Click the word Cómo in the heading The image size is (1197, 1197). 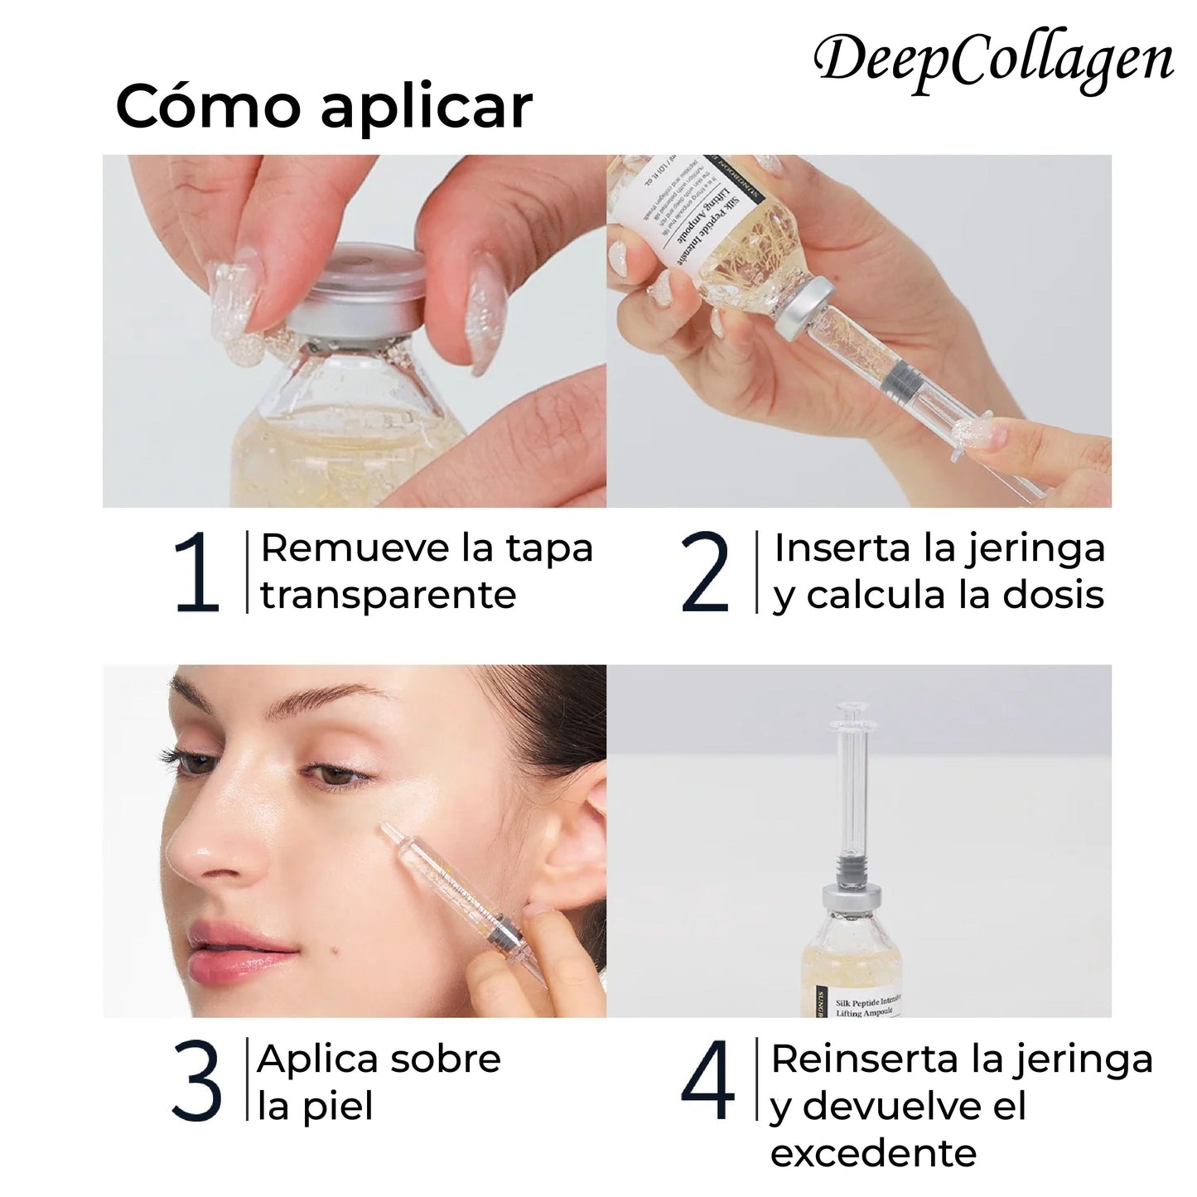tap(207, 107)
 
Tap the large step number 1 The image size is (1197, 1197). tap(197, 573)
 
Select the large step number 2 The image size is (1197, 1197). tap(705, 573)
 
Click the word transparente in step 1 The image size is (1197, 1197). tap(389, 596)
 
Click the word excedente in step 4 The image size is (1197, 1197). tap(873, 1152)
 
